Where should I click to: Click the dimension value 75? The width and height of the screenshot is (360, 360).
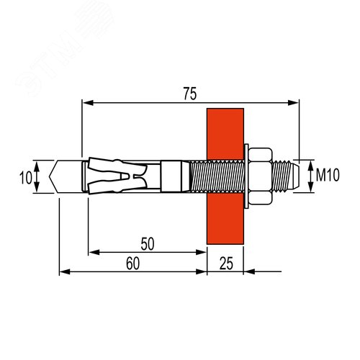(190, 94)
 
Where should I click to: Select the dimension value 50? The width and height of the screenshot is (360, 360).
(148, 243)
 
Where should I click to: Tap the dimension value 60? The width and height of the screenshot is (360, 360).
(132, 264)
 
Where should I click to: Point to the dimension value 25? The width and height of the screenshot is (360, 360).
(225, 264)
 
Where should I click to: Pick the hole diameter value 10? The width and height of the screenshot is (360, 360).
(25, 176)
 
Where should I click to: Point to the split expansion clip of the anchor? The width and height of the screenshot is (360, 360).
(115, 175)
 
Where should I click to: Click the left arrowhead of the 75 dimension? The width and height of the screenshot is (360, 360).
(87, 102)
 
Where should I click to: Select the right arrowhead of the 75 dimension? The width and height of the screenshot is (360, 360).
(294, 102)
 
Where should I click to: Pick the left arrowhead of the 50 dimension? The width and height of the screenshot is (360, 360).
(93, 252)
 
